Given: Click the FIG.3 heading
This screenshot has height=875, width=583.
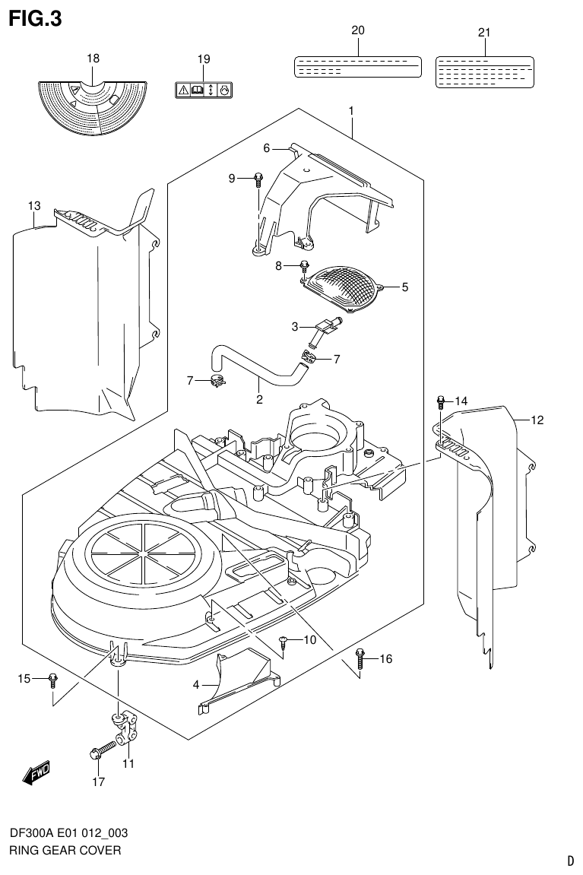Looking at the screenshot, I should (35, 19).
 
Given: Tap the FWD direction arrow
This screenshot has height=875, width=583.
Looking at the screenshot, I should (36, 773).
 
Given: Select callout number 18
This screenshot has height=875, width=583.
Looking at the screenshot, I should (93, 59).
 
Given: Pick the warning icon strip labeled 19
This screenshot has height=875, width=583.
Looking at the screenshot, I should (204, 90).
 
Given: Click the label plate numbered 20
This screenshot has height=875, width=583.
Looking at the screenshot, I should (357, 66).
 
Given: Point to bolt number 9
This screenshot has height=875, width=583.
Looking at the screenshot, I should (258, 179).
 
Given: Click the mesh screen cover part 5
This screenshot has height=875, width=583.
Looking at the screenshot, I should (343, 290).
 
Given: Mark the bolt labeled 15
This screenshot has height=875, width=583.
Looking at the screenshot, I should (52, 677).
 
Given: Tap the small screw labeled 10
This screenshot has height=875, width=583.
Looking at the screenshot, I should (284, 642).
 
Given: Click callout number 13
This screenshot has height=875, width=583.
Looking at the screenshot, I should (34, 205).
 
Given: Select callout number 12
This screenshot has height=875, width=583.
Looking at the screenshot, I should (537, 419).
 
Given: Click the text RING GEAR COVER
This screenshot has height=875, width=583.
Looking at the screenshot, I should (65, 851).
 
